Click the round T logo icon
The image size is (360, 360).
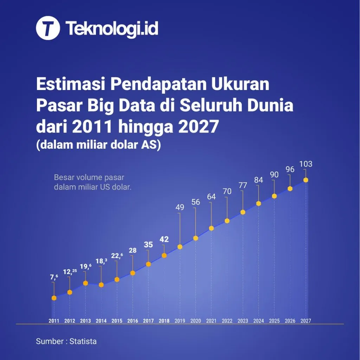48,28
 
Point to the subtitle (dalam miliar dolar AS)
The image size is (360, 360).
98,145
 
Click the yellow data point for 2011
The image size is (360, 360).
54,298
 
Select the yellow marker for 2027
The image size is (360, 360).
306,180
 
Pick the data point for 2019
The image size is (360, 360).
180,247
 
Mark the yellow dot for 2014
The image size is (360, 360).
101,285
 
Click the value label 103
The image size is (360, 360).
306,164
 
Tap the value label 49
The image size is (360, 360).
180,207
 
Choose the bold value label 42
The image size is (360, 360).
164,239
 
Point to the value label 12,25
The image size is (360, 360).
70,272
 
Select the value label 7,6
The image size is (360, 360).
54,277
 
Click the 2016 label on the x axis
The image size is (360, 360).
133,321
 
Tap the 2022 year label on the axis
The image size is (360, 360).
227,321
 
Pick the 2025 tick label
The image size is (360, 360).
274,321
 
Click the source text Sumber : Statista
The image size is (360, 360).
66,341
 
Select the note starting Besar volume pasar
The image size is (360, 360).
92,182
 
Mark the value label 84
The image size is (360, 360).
258,180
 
